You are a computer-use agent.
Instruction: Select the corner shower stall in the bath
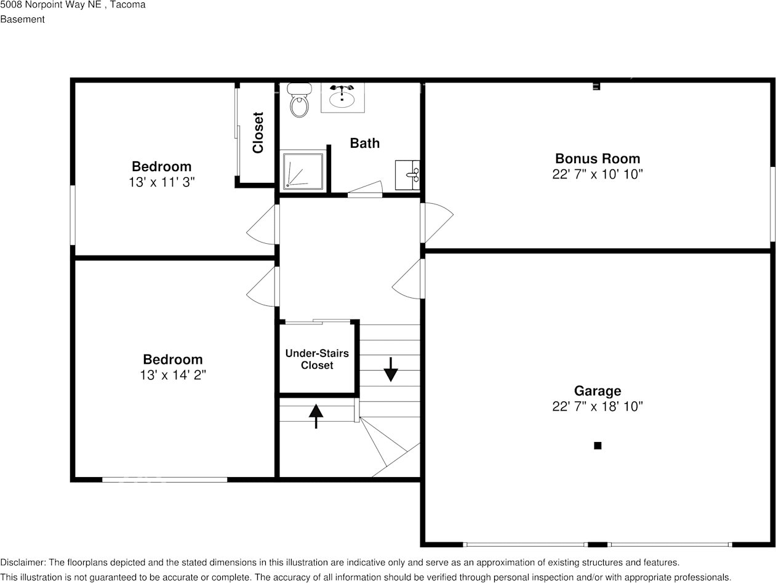302,170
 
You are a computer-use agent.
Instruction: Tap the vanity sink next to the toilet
342,97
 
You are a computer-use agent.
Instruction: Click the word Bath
364,143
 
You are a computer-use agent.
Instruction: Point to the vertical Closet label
258,132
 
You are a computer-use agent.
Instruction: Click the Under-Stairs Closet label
317,360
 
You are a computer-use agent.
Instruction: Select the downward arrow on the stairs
391,369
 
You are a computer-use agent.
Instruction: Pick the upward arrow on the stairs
316,416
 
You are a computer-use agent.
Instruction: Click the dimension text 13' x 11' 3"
162,182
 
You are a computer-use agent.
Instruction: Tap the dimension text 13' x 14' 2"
172,375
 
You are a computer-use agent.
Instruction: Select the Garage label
597,391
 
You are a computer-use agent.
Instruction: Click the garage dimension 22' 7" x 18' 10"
597,406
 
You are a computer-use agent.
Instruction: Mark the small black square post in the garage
597,446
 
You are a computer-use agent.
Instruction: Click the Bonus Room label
597,158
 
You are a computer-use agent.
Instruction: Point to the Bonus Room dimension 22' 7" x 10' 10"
597,174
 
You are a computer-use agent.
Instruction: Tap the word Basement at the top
22,19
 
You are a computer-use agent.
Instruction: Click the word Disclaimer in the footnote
22,563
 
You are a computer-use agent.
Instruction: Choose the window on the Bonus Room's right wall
772,204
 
